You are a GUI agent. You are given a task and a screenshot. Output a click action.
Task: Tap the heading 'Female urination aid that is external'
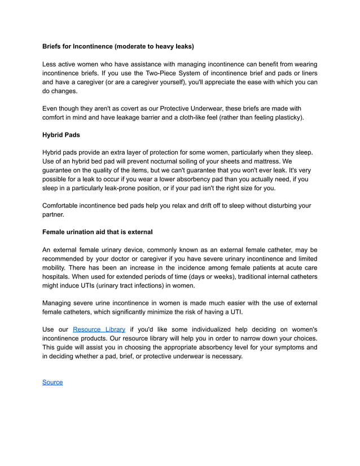point(97,232)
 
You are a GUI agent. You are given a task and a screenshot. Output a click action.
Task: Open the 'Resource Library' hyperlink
point(99,329)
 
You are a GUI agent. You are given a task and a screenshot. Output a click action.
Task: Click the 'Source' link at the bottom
point(52,383)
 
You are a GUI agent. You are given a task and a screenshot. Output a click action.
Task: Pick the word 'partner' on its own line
point(54,214)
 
